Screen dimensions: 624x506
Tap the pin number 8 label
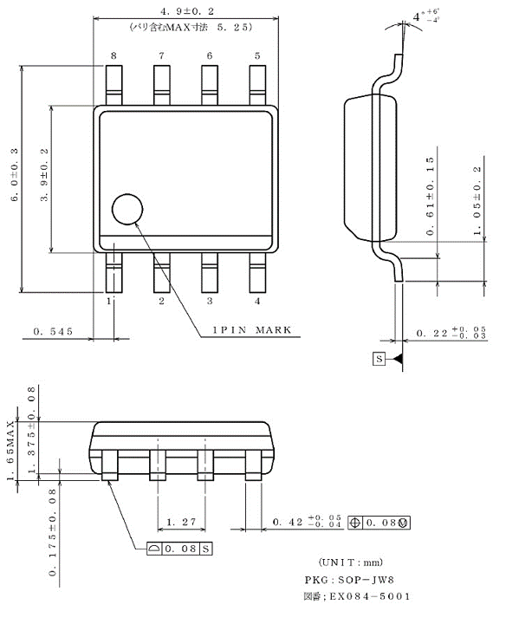pyautogui.click(x=113, y=55)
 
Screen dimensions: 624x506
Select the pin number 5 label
pyautogui.click(x=257, y=55)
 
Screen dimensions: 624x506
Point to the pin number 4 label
pyautogui.click(x=257, y=302)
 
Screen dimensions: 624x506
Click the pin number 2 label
pyautogui.click(x=161, y=302)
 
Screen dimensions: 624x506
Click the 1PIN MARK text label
pyautogui.click(x=252, y=330)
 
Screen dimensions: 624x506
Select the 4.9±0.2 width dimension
pyautogui.click(x=186, y=10)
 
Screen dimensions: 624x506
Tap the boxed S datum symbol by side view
pyautogui.click(x=379, y=358)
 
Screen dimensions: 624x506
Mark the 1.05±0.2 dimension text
pyautogui.click(x=477, y=199)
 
